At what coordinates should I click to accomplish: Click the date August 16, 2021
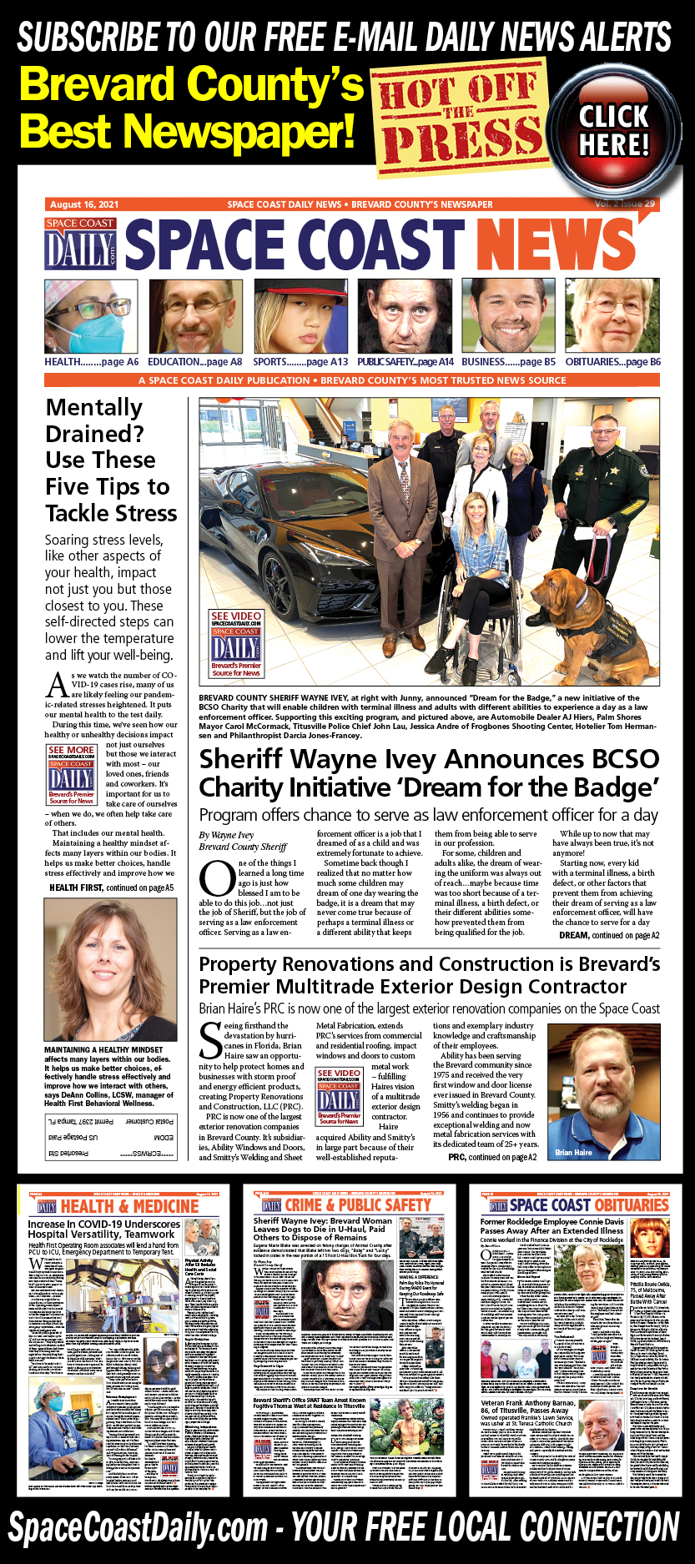pos(84,204)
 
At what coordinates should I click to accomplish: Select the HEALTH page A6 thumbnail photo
pos(91,317)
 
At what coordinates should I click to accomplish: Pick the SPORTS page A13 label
pos(300,362)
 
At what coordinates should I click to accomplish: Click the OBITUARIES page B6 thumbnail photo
pos(612,317)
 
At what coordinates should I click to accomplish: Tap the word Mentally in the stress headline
pos(94,408)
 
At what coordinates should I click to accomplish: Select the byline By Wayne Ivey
pos(226,835)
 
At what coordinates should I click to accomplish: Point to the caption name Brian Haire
pos(574,1153)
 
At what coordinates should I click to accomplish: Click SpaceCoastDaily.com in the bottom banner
pos(138,1528)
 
